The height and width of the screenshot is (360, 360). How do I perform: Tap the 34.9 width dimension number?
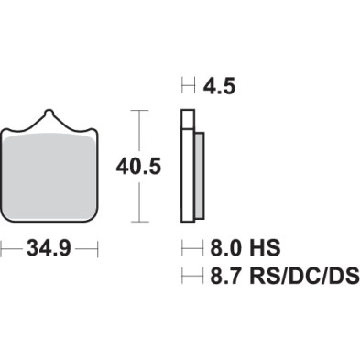[49, 248]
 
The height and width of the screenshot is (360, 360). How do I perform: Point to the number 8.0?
[222, 248]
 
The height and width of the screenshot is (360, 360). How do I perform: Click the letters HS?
[267, 248]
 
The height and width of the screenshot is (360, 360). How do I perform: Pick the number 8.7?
[223, 274]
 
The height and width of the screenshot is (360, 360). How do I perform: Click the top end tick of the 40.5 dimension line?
[137, 110]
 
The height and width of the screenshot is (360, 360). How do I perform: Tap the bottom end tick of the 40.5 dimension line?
[137, 222]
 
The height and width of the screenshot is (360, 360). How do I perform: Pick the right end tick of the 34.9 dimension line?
[97, 248]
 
